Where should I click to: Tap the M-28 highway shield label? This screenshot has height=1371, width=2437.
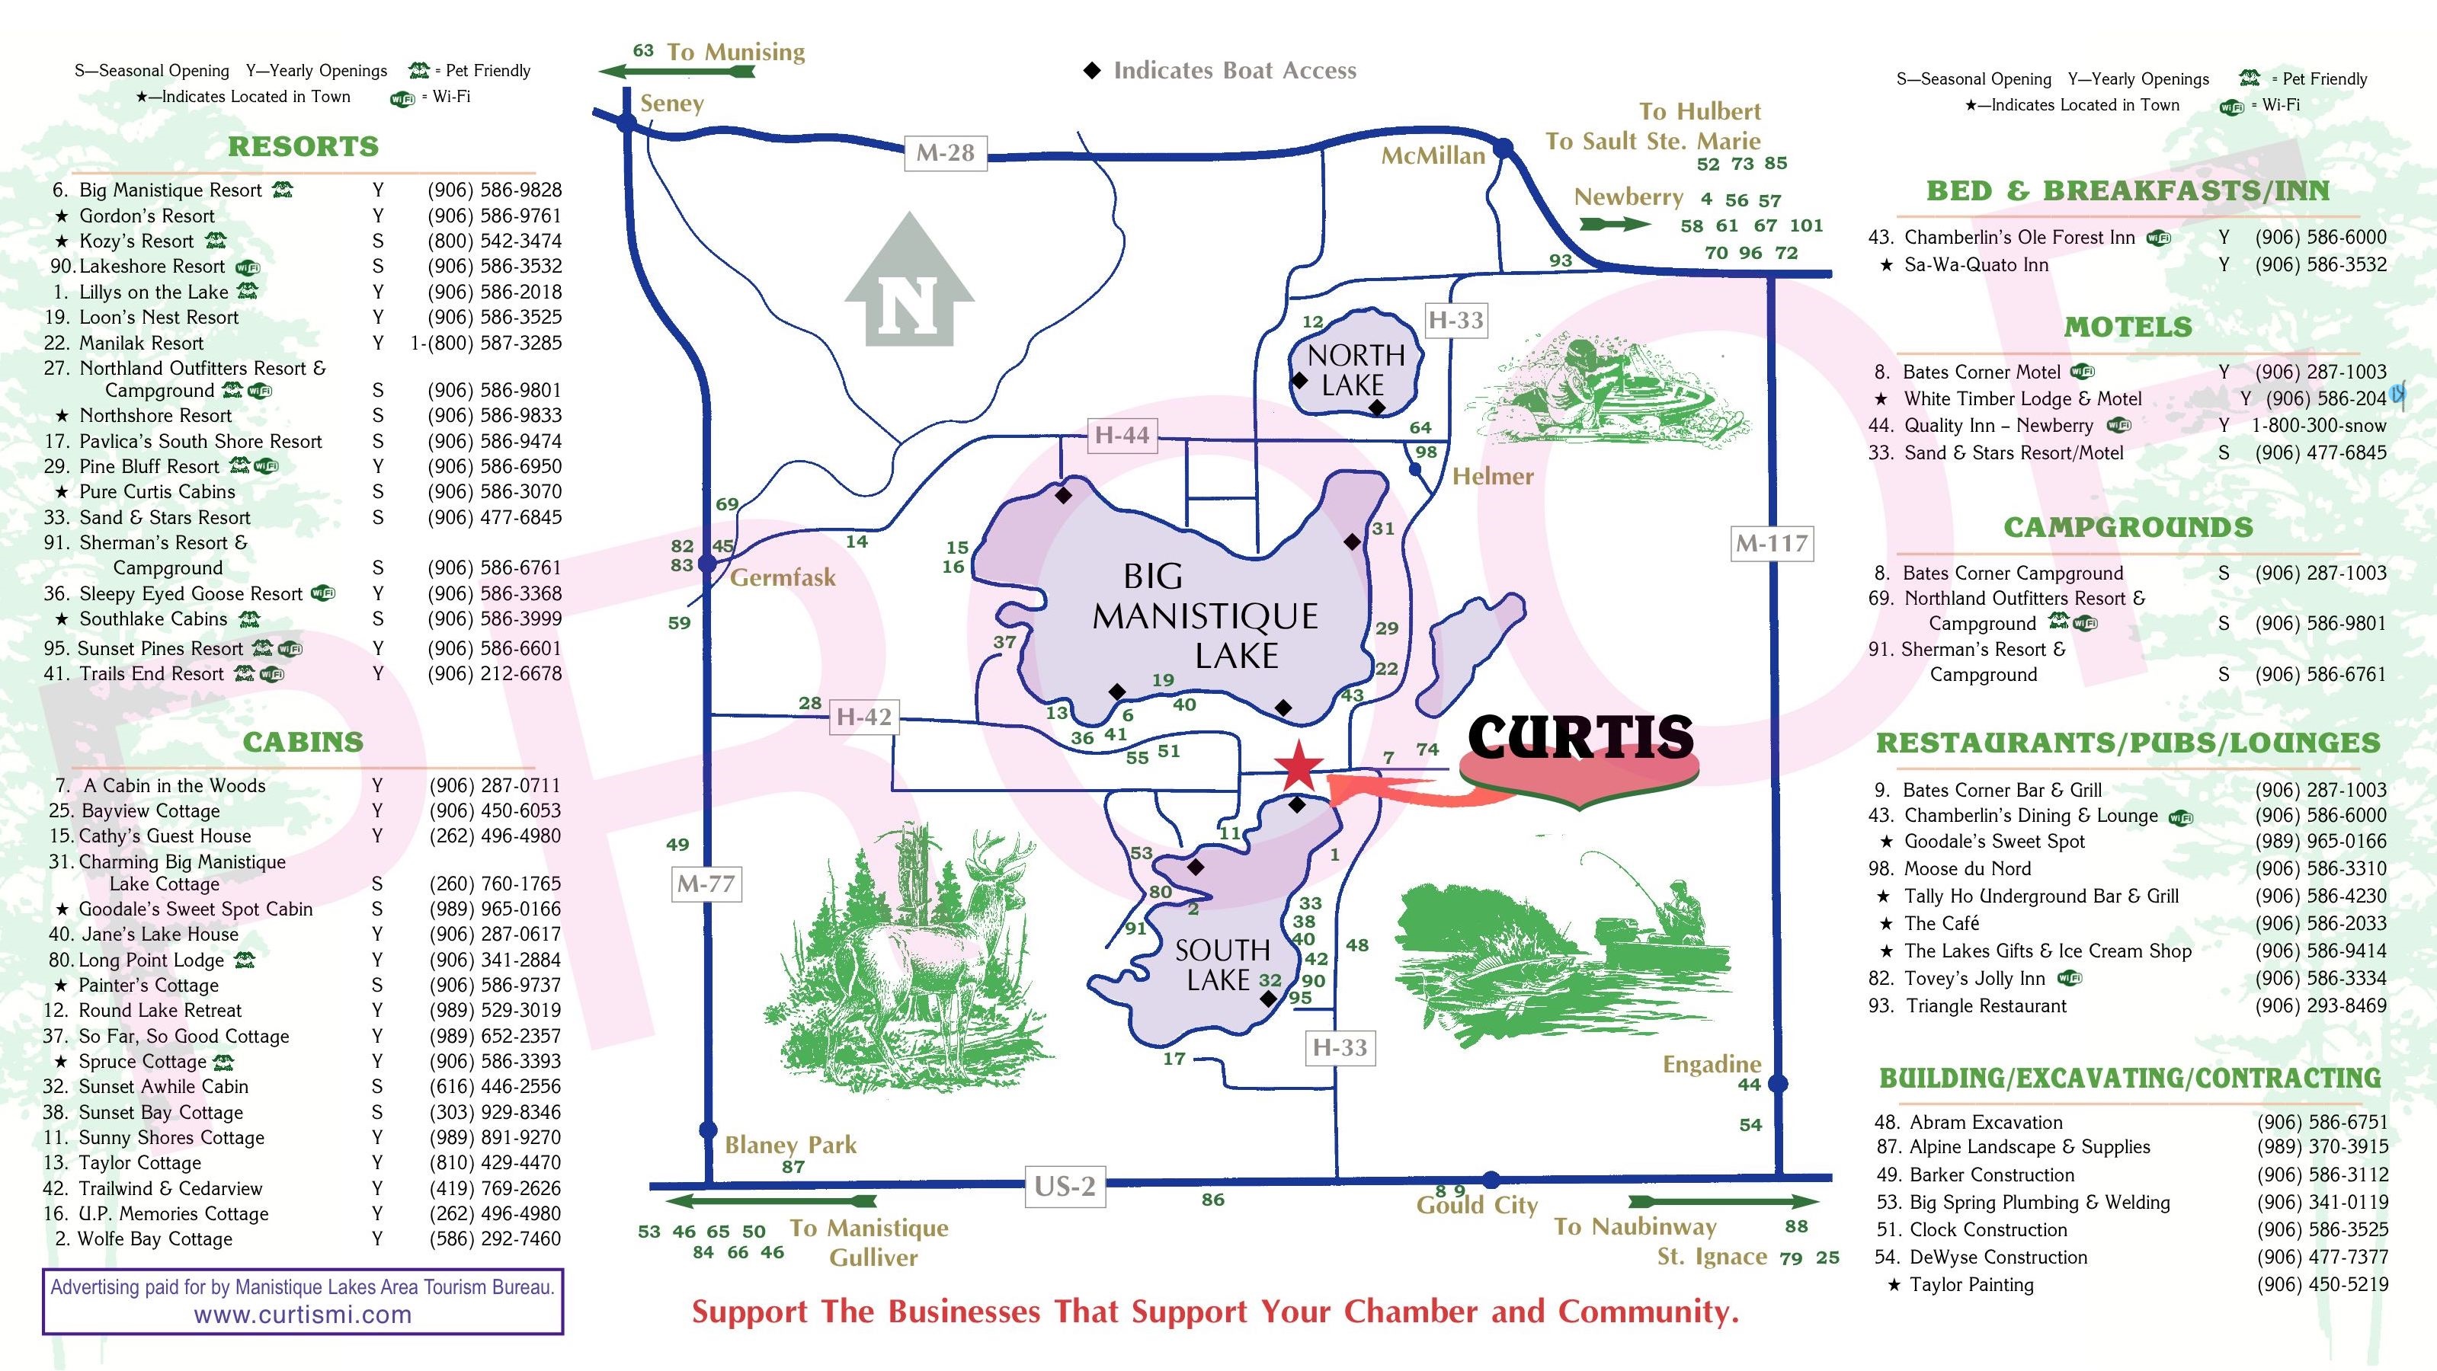click(945, 152)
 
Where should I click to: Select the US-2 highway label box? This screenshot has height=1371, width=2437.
click(1065, 1187)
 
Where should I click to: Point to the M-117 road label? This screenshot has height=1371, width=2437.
click(1771, 544)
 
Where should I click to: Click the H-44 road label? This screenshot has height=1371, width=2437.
click(1122, 436)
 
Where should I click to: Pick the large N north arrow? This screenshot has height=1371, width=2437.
click(909, 283)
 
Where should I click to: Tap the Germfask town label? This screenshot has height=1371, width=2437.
click(783, 577)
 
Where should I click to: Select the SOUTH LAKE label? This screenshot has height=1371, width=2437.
click(1222, 964)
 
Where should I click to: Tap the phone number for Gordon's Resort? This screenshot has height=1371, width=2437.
click(494, 216)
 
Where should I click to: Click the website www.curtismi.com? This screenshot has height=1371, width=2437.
click(303, 1315)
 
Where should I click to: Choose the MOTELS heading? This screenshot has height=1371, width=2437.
click(2128, 328)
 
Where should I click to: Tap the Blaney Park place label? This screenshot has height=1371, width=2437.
click(790, 1145)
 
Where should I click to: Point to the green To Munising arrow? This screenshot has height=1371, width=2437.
click(677, 71)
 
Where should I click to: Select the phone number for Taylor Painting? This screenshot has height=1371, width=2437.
click(2322, 1285)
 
